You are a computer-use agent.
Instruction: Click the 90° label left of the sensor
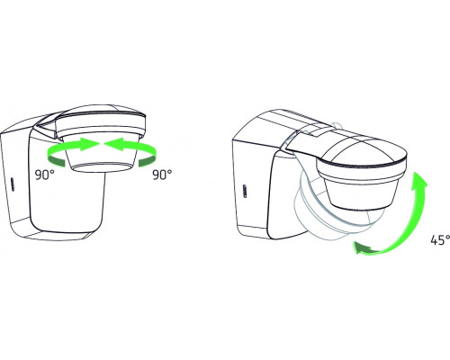(x=45, y=175)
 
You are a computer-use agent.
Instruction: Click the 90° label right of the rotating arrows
(x=162, y=175)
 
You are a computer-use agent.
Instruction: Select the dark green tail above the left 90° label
(x=57, y=161)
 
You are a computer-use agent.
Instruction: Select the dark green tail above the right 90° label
(x=148, y=161)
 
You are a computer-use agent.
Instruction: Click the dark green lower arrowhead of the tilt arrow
(x=363, y=247)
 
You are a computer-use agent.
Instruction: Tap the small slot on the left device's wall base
(x=13, y=184)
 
